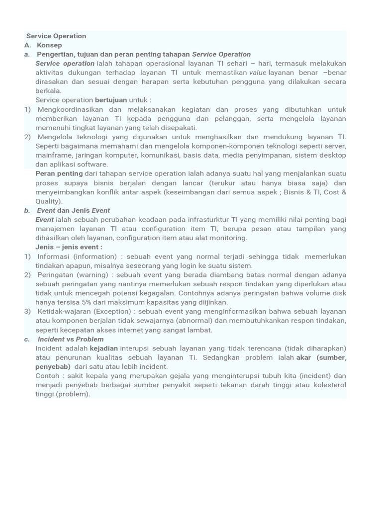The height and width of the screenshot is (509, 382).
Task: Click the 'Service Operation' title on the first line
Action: coord(56,36)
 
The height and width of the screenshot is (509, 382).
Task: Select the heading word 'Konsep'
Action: coord(49,45)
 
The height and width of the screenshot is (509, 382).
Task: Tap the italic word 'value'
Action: coord(258,73)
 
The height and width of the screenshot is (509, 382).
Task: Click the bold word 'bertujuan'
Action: coord(111,100)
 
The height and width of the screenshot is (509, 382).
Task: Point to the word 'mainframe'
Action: coord(52,155)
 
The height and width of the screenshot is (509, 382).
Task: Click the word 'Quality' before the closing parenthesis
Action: coord(47,201)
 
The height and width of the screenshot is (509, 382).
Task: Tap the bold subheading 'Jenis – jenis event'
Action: coord(69,247)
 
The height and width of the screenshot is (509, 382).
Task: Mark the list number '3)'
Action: coord(27,312)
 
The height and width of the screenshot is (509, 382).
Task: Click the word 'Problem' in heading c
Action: coord(90,339)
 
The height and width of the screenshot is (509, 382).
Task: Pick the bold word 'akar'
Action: coord(303,357)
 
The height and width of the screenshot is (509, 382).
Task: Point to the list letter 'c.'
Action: coord(27,339)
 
